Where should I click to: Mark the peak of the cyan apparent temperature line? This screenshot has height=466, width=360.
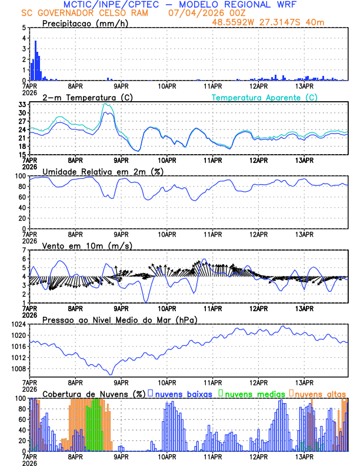pos(105,104)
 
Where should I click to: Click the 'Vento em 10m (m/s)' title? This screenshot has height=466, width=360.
pos(87,245)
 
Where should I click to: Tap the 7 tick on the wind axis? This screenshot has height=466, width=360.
pos(24,250)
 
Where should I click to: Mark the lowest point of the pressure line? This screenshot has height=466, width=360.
pos(110,374)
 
